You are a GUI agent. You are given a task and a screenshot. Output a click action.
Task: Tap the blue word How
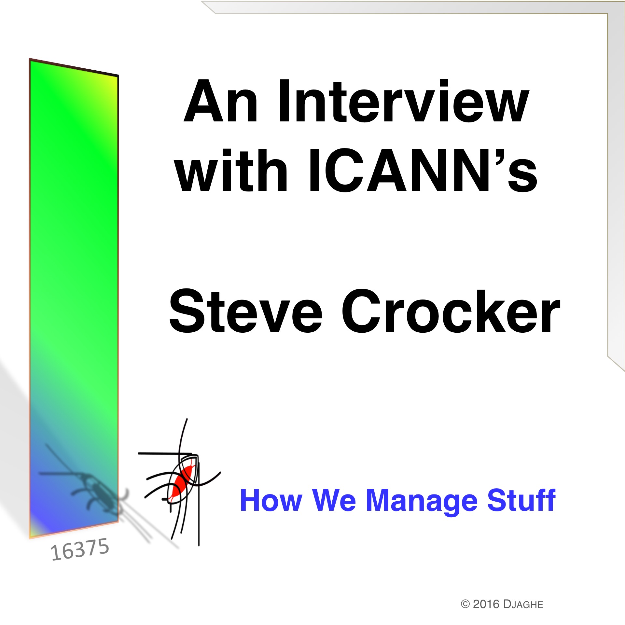point(271,500)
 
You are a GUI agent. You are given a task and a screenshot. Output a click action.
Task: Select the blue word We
point(334,500)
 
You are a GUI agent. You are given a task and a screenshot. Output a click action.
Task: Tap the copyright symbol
point(465,604)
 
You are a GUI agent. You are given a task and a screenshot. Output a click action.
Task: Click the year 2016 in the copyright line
point(486,604)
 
